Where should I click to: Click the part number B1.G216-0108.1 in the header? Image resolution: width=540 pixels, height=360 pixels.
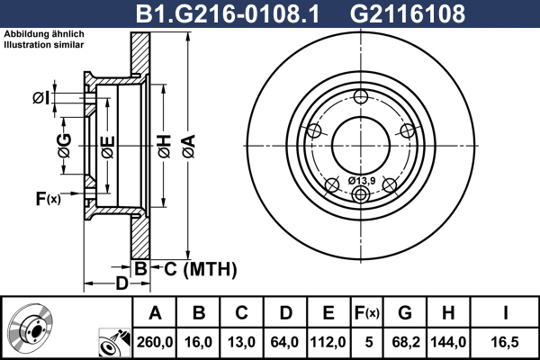pos(228,13)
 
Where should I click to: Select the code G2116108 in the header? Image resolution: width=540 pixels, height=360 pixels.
pos(408,13)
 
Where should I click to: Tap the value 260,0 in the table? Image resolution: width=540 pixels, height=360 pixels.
pos(155,342)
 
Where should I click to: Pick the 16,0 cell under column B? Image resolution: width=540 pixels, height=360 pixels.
pos(198,342)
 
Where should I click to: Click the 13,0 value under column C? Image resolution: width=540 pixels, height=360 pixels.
pos(241,342)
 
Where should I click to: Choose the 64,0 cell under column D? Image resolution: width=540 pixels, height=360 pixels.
pos(284,342)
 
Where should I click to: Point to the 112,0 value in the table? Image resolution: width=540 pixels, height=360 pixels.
pos(328,342)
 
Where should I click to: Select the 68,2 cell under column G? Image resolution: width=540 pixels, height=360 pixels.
pos(406,342)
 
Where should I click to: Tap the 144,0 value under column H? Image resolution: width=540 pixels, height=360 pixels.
pos(448,342)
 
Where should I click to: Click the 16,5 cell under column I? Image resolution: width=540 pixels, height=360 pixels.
pos(505,342)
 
